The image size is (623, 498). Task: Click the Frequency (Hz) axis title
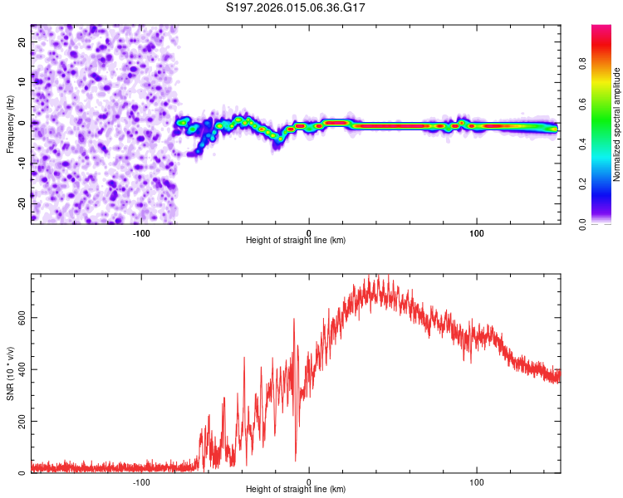[x=10, y=124]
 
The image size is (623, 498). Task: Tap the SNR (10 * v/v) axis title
[x=10, y=373]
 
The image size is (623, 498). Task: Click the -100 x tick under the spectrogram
[x=141, y=232]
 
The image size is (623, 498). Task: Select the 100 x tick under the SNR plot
[x=477, y=481]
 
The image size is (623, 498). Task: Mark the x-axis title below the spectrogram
[x=296, y=241]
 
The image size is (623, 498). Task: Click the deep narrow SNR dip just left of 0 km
[x=295, y=459]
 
